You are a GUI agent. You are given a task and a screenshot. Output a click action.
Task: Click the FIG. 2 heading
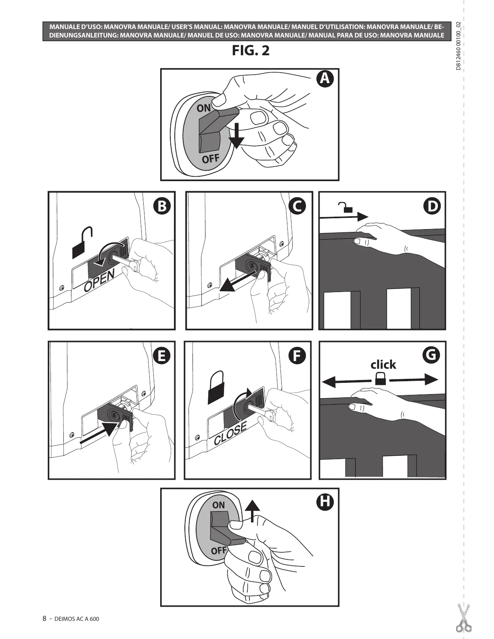coord(250,51)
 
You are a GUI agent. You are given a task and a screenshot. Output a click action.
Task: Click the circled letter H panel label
coord(325,502)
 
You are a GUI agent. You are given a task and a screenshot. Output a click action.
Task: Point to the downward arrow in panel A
coord(236,136)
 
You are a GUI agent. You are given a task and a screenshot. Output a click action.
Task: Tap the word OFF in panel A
coord(211,159)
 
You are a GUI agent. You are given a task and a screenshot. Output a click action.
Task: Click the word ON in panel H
coord(218,505)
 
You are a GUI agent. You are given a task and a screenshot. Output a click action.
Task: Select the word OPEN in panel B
coord(99,280)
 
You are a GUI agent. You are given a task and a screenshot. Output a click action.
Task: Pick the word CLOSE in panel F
coord(230,434)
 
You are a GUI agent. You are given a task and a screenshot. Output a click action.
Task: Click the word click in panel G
coord(383,365)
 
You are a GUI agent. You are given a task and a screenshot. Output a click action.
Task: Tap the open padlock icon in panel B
coord(83,242)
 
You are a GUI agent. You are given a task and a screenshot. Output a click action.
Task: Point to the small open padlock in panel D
coord(346,208)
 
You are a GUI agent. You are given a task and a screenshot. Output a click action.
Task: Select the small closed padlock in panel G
coord(380,378)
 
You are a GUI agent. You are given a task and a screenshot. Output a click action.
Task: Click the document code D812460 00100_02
coord(458,46)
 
